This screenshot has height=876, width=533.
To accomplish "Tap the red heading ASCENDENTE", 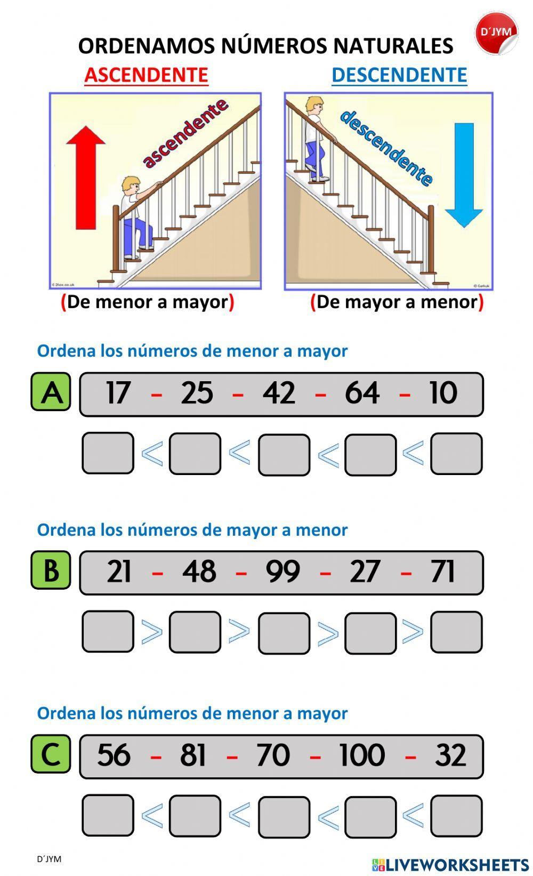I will click(146, 75).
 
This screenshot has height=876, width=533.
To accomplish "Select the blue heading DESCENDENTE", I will click(399, 75).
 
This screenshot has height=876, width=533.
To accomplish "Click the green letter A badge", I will click(51, 392).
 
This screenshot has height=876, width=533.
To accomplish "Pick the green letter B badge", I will click(51, 570).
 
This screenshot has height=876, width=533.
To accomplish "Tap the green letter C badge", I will click(51, 753).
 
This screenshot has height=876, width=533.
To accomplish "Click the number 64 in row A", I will click(362, 393).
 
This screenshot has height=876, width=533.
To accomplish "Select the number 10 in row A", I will click(443, 393).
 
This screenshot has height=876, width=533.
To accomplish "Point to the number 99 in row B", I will click(282, 572).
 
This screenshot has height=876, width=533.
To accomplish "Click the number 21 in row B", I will click(119, 572).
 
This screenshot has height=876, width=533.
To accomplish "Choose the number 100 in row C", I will click(362, 755).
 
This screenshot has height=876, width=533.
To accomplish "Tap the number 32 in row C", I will click(450, 755).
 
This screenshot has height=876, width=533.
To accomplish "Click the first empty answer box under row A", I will click(108, 453).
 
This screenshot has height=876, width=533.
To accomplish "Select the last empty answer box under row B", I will click(456, 632).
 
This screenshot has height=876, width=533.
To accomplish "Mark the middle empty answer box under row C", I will click(284, 816).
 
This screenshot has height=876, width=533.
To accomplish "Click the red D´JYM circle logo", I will click(496, 33).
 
